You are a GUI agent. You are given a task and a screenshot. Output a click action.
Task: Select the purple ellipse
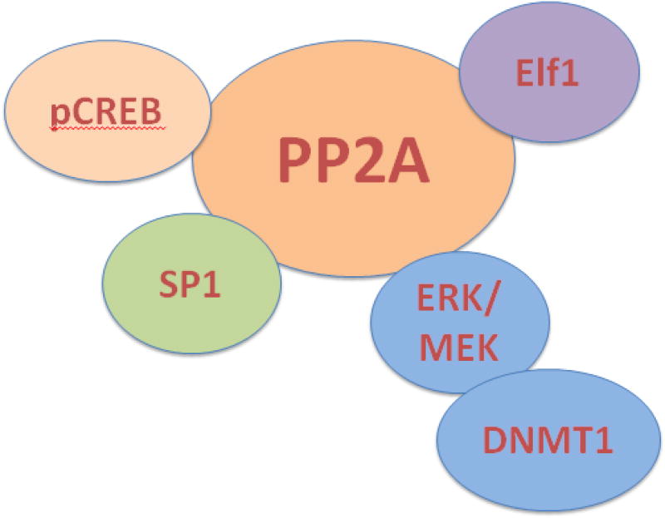(x=549, y=75)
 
